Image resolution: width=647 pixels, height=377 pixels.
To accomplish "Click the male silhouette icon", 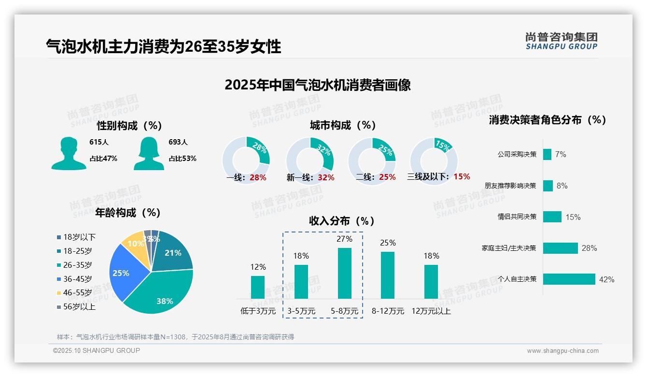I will click(x=69, y=153).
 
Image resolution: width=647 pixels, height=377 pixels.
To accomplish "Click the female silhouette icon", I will click(x=149, y=153).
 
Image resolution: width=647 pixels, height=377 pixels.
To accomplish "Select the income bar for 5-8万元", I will click(x=344, y=273).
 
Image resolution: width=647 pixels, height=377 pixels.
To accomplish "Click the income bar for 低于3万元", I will click(x=258, y=287).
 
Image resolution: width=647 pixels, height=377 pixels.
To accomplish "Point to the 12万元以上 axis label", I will click(x=431, y=311).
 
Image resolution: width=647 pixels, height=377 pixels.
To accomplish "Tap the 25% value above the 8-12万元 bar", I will click(x=388, y=243).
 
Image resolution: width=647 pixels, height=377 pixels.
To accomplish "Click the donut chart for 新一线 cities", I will click(x=310, y=160).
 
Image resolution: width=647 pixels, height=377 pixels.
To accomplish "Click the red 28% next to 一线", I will click(x=258, y=177).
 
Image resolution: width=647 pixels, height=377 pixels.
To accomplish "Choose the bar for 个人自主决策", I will click(x=569, y=279).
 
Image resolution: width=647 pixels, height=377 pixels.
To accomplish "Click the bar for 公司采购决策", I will click(x=547, y=154).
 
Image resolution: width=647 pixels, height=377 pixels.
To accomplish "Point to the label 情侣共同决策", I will click(x=517, y=217).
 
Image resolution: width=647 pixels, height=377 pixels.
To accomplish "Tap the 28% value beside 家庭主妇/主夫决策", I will click(x=589, y=248).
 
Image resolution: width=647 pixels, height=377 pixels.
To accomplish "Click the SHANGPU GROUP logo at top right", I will click(x=561, y=41).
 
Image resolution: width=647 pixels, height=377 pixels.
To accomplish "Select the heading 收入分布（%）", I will click(x=342, y=221).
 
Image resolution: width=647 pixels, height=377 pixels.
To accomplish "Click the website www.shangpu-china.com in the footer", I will click(x=563, y=351).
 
